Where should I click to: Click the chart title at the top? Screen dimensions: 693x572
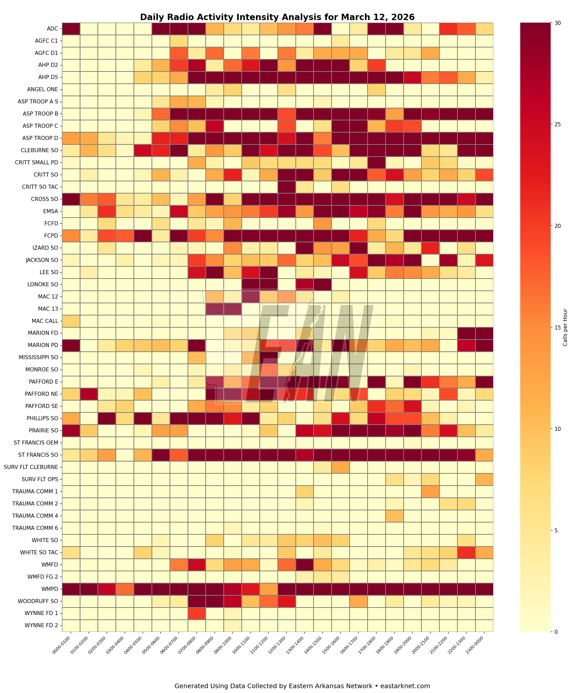277,17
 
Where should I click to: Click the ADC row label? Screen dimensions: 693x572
52,29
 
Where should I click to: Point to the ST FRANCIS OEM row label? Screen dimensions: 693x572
36,443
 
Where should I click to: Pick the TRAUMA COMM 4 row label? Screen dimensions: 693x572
35,515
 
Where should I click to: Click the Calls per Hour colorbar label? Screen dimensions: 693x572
565,327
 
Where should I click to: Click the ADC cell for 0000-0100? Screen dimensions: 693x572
71,29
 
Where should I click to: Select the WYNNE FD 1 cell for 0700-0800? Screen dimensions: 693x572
197,613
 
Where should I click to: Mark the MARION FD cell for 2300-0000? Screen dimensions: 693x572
484,333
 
